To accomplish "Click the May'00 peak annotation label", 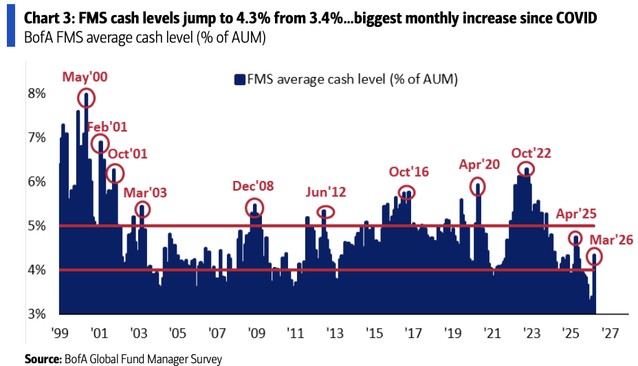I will (86, 76).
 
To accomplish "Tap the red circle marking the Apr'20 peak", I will (477, 186).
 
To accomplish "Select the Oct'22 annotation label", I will (531, 153).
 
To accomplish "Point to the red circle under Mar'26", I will (594, 257).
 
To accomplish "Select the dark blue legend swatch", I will (240, 80).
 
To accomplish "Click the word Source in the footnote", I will (42, 358).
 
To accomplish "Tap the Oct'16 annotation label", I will (408, 171).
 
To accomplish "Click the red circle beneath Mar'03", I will (142, 209).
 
